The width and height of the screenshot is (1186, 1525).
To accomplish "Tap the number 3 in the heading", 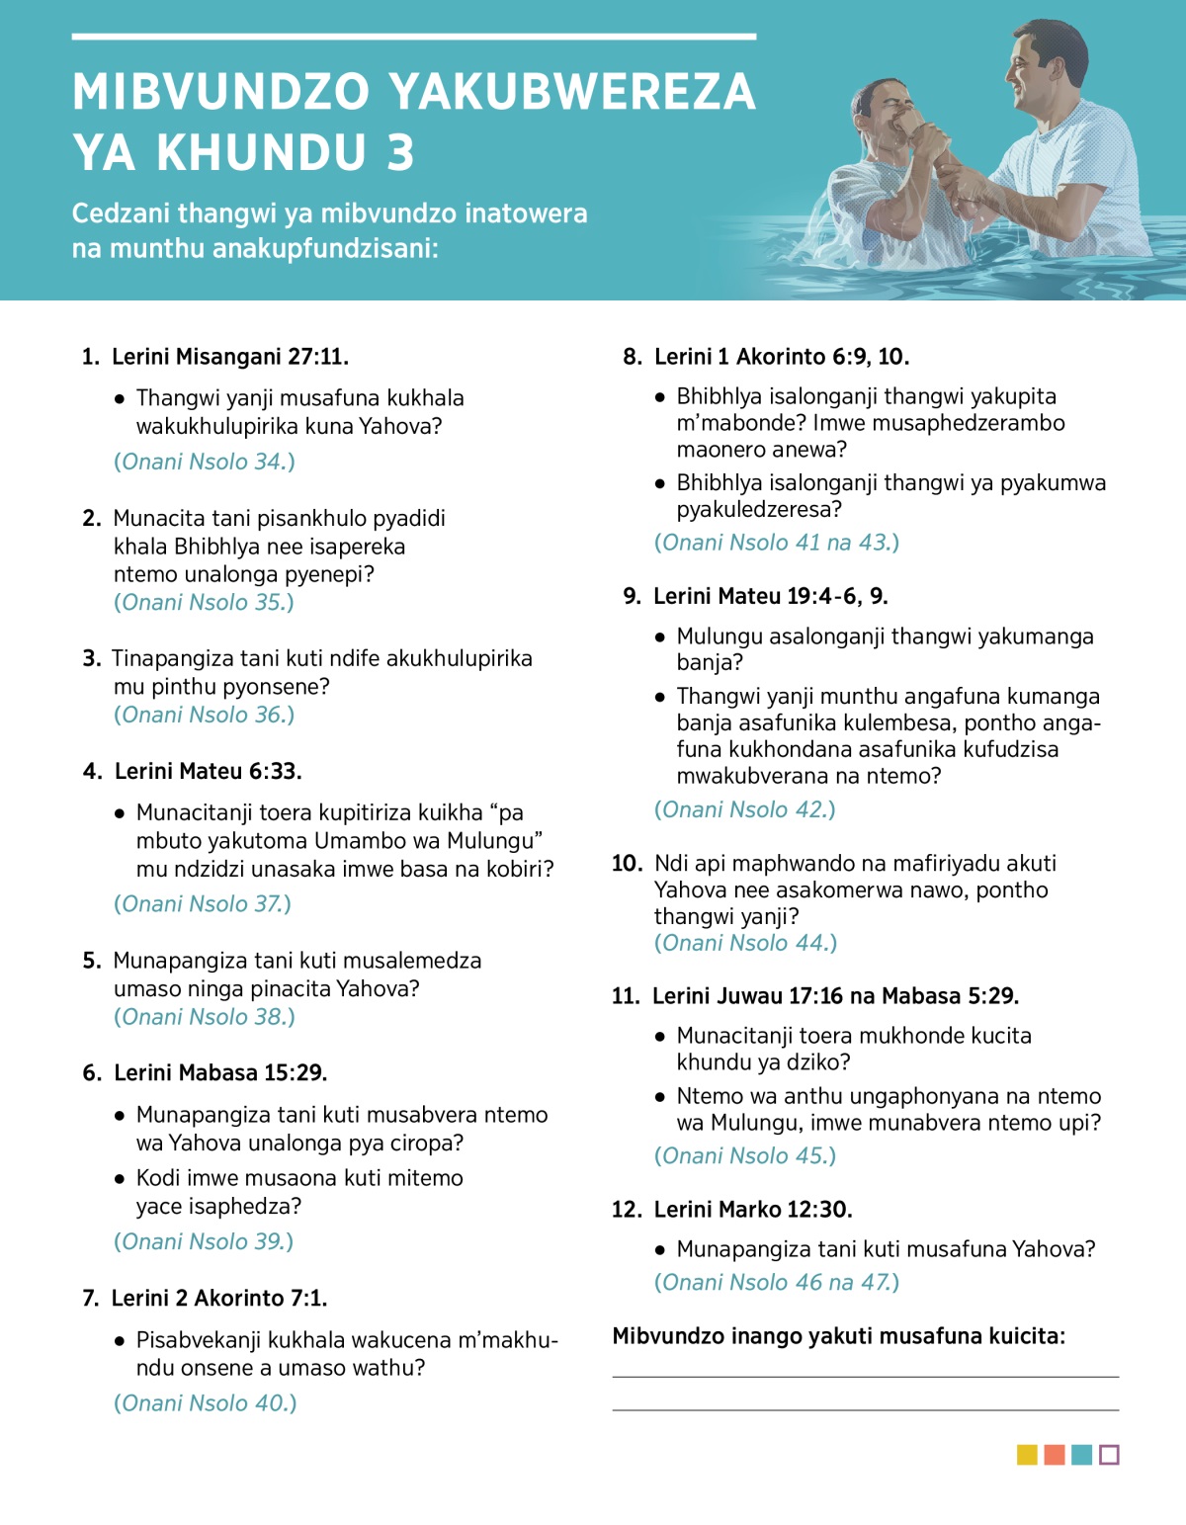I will tap(400, 153).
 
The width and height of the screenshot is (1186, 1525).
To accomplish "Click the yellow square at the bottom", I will tap(1027, 1455).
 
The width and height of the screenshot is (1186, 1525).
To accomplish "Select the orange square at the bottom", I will tap(1055, 1455).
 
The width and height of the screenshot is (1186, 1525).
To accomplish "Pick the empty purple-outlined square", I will tap(1109, 1455).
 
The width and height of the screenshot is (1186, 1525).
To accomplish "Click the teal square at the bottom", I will tap(1081, 1455).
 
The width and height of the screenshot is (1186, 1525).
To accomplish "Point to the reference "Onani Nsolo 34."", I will tap(205, 462).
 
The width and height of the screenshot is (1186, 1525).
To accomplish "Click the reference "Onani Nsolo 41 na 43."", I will tap(777, 543).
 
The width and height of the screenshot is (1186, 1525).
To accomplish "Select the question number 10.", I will tap(627, 864).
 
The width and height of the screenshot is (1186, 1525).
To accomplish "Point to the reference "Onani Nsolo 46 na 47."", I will tap(777, 1283).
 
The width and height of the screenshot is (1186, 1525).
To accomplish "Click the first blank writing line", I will tap(865, 1376).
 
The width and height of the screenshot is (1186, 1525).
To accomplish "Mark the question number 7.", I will tap(91, 1299).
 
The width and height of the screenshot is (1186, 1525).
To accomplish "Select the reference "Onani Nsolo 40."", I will tap(206, 1403).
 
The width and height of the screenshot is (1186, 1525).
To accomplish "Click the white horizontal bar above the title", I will tap(414, 37).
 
